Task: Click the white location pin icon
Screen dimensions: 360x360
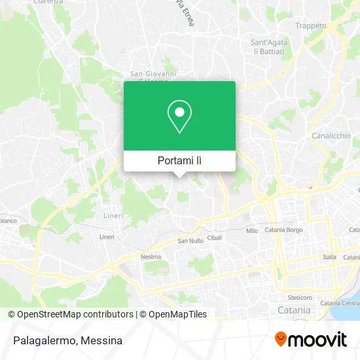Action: pos(179,117)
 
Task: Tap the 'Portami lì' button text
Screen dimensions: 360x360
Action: pos(179,160)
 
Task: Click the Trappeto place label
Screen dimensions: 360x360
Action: pos(310,26)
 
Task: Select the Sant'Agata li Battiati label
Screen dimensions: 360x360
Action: pos(270,46)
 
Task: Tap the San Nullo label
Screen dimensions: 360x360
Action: pos(190,240)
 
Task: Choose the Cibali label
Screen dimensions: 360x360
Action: pos(215,238)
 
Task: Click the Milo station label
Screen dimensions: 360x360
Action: pos(252,231)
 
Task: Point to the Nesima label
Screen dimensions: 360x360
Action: pos(151,257)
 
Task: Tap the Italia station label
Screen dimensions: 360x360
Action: pos(329,257)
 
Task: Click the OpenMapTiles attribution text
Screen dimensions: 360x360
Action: pos(175,314)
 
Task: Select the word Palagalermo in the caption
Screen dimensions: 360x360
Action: pos(41,340)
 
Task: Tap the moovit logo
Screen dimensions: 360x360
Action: pos(310,339)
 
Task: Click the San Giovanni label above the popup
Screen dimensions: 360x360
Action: pos(153,74)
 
